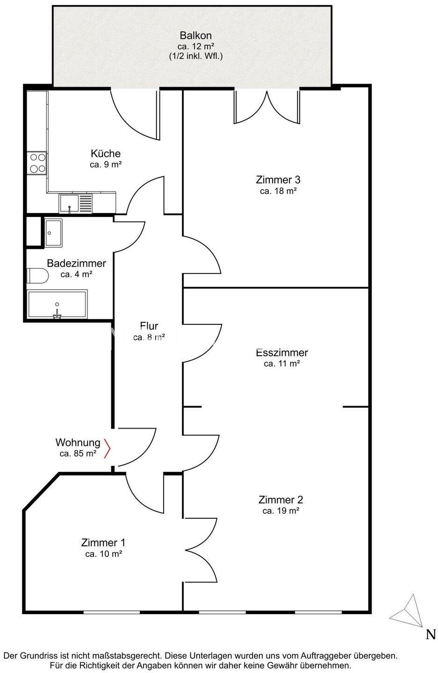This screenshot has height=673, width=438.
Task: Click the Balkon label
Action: click(x=195, y=36)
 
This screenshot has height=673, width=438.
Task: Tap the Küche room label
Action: click(x=106, y=153)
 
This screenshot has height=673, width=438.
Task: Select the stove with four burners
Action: click(x=37, y=163)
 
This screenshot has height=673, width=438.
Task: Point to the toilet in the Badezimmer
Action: click(x=37, y=276)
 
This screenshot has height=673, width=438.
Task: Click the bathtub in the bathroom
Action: click(x=57, y=304)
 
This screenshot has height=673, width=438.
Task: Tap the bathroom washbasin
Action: click(x=54, y=233)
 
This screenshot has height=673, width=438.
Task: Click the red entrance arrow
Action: click(x=107, y=449)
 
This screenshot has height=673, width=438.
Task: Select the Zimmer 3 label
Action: click(x=278, y=179)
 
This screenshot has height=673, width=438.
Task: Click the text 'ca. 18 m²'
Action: click(x=278, y=191)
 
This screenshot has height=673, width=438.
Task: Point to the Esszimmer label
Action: click(x=282, y=352)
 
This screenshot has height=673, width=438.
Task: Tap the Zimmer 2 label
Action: click(x=280, y=500)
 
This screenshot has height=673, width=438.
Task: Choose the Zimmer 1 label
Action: click(x=103, y=543)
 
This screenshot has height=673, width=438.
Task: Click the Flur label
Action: click(x=149, y=326)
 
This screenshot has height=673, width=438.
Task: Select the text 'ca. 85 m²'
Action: click(x=78, y=453)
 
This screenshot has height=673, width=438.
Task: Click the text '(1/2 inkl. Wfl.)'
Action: click(x=196, y=57)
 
